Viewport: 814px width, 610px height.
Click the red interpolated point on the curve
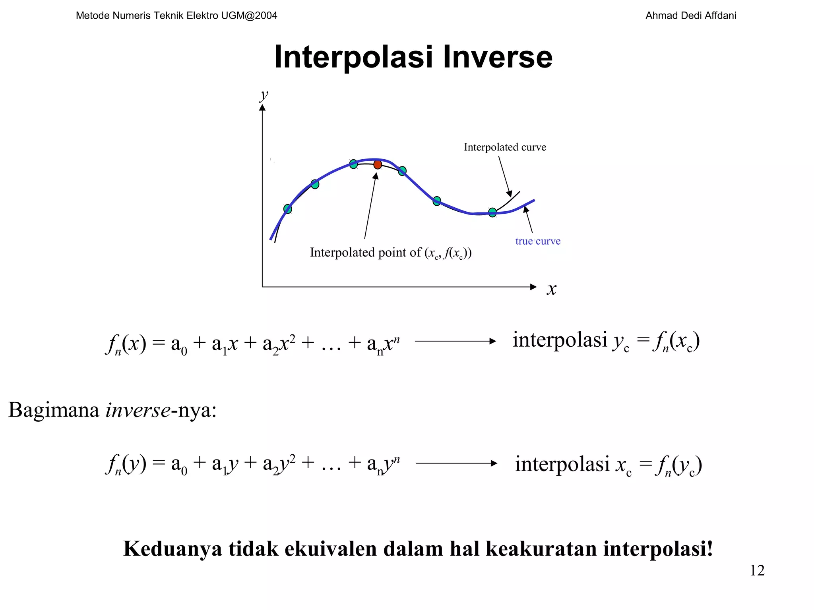pos(378,164)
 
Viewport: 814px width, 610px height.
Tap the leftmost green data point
pos(288,209)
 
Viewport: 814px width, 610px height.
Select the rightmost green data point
pos(492,212)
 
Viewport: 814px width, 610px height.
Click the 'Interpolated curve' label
pos(505,147)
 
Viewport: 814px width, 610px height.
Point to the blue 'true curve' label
pos(538,241)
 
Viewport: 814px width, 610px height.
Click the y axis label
pos(264,95)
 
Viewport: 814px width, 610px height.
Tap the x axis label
pos(551,289)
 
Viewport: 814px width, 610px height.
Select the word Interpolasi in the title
pos(353,57)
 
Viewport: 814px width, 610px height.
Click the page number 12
pos(757,570)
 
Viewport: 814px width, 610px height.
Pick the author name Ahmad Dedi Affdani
pos(690,15)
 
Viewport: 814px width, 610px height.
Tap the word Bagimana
pos(54,410)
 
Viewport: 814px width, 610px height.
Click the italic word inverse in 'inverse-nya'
pos(138,410)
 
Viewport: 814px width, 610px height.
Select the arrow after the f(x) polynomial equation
pos(455,341)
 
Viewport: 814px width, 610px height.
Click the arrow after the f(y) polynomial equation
pos(456,463)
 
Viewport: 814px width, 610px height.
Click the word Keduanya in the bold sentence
pos(172,549)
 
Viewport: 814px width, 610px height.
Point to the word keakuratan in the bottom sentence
pos(541,549)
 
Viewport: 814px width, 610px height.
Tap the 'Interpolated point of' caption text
pos(365,252)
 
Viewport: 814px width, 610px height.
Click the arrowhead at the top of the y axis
pos(262,108)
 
